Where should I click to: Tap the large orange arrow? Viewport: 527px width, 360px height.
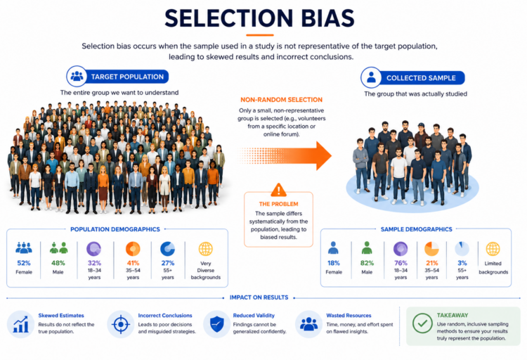coord(285,155)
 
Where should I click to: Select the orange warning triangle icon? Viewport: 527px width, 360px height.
coord(279,190)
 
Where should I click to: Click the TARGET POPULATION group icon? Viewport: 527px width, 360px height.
coord(77,76)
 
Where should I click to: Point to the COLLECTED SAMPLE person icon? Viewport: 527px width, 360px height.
coord(371,77)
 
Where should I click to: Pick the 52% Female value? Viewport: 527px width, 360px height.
coord(24,263)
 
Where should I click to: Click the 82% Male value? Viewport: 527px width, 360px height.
coord(367,263)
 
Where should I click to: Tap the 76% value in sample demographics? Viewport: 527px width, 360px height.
coord(401,263)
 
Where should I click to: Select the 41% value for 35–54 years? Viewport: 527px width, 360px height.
coord(133,263)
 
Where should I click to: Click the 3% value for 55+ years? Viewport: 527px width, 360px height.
coord(462,263)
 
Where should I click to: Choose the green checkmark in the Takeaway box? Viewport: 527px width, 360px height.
coord(422,323)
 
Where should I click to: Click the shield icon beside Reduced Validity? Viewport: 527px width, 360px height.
coord(217,324)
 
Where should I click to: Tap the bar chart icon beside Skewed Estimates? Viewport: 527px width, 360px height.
coord(21,325)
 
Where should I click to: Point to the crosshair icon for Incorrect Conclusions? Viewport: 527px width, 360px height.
coord(121,325)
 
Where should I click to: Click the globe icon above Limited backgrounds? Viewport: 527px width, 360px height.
coord(493,249)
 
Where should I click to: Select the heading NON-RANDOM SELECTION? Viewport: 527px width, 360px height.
coord(281,100)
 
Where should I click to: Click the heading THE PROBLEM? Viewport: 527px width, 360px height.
coord(279,204)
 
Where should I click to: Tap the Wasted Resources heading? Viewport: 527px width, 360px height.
coord(349,316)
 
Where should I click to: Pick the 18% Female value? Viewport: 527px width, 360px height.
coord(333,263)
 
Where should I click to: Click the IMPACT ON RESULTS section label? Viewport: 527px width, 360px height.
coord(259,297)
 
